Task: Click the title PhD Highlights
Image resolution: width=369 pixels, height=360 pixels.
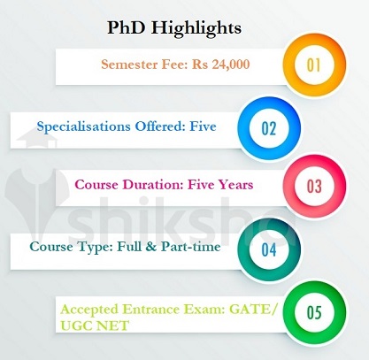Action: [x=184, y=27]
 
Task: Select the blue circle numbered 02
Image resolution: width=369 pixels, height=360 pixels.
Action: [x=268, y=126]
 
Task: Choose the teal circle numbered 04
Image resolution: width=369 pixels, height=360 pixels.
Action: [x=268, y=248]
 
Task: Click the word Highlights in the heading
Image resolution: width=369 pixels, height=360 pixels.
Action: [x=209, y=27]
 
